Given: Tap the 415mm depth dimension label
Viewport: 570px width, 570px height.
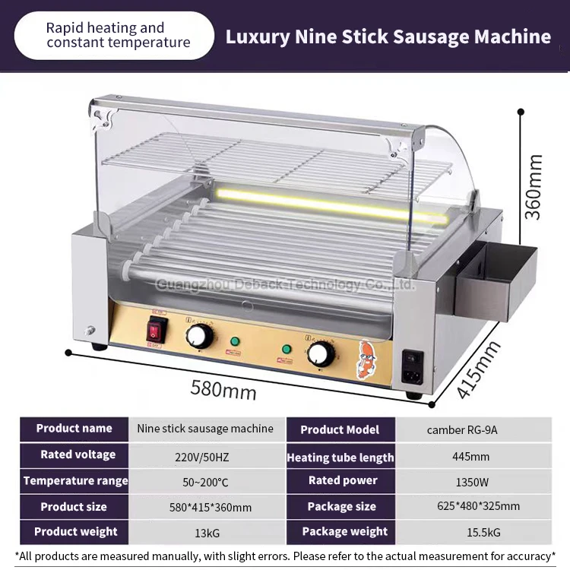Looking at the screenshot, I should click(x=479, y=371).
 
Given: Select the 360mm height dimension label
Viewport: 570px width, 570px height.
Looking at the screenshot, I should click(x=536, y=187).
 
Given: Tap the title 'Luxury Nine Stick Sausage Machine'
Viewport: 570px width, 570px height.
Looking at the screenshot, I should click(x=388, y=36).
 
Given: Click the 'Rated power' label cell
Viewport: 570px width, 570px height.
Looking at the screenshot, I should click(x=343, y=480).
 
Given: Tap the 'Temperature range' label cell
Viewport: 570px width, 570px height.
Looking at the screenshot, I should click(x=76, y=480).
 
